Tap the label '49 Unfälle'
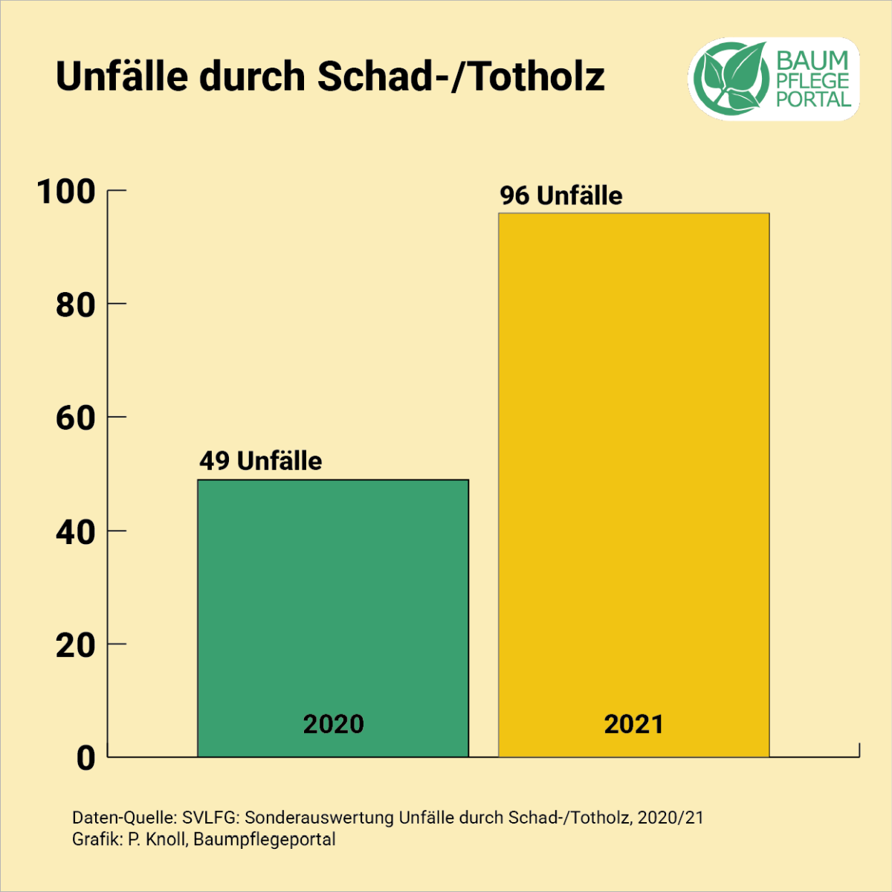(260, 461)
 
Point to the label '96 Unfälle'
(561, 195)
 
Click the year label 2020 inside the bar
(334, 724)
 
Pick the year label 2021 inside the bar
(633, 724)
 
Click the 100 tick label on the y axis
(67, 192)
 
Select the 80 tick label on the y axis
(76, 305)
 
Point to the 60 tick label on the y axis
(76, 418)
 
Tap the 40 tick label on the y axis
(76, 532)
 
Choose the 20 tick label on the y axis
(76, 645)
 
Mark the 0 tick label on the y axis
(86, 758)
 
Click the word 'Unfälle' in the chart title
(122, 77)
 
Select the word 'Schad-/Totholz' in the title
(462, 77)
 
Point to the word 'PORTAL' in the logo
(814, 99)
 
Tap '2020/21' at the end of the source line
(670, 818)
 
